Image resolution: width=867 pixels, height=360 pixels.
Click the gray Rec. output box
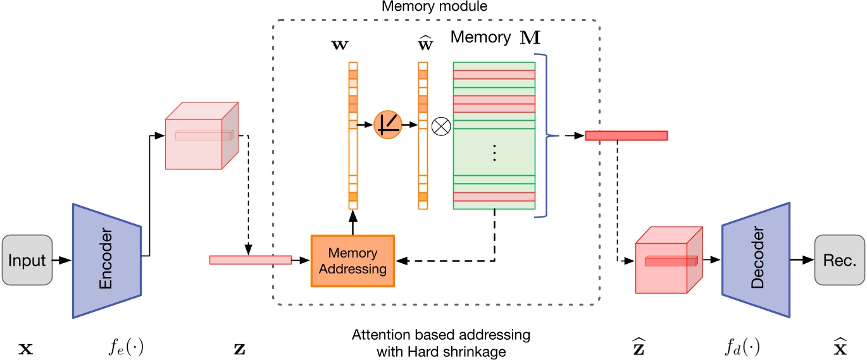[839, 259]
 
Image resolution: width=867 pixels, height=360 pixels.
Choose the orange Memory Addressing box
[352, 262]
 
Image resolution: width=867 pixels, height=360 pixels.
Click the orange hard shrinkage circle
[388, 125]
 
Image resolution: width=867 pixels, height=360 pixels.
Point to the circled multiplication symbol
[439, 126]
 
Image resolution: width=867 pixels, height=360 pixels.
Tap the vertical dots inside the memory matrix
[494, 152]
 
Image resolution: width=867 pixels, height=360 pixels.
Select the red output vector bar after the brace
[626, 135]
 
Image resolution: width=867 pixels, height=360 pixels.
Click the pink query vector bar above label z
[250, 259]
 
